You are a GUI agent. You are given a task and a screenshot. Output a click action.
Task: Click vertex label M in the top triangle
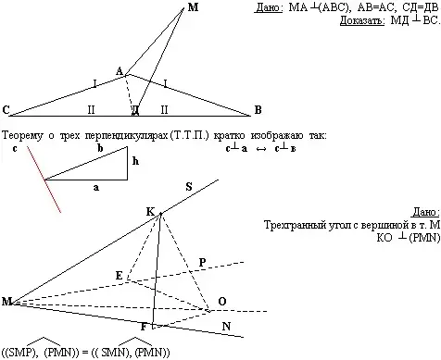[x=192, y=7]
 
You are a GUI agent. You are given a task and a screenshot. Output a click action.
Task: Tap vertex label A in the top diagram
[x=119, y=70]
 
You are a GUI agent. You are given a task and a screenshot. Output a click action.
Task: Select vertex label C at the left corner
[x=6, y=111]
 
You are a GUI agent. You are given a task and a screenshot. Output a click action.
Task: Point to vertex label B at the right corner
[x=257, y=111]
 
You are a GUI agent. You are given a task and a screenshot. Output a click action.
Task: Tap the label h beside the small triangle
[x=134, y=159]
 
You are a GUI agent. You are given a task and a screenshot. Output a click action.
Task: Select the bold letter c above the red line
[x=15, y=146]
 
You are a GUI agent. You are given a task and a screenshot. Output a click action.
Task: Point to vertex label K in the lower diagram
[x=149, y=211]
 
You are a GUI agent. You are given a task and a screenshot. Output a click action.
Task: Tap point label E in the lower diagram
[x=118, y=276]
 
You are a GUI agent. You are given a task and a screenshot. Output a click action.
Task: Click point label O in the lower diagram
[x=221, y=302]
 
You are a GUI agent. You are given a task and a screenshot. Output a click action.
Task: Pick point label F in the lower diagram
[x=144, y=326]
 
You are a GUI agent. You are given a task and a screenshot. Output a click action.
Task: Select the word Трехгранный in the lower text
[x=296, y=225]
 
